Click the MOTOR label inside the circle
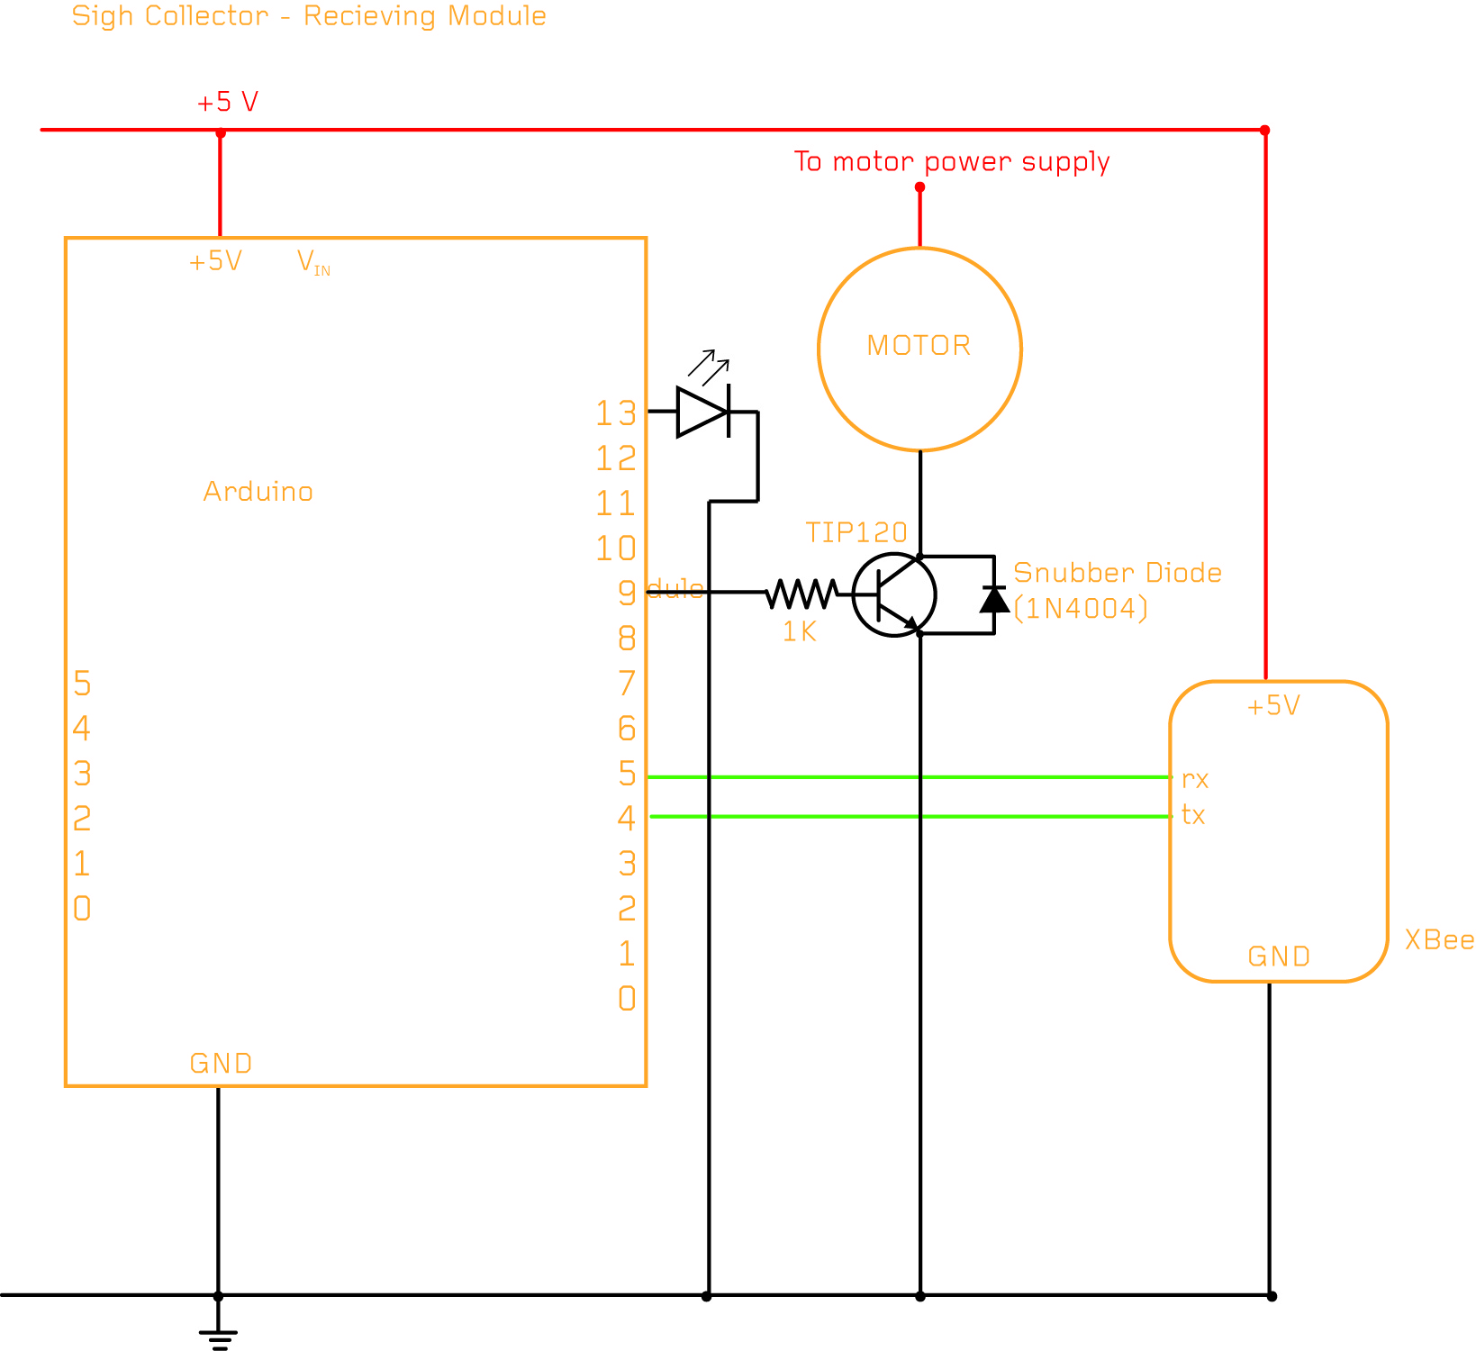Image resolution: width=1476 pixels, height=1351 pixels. click(x=919, y=346)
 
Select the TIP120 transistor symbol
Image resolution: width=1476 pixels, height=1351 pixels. click(x=893, y=594)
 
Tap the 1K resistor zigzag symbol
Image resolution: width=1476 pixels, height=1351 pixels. click(x=801, y=594)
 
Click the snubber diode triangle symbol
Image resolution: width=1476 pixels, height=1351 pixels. click(x=994, y=599)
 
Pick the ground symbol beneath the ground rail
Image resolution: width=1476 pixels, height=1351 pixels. click(x=218, y=1337)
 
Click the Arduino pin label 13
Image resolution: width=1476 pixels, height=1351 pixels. click(x=616, y=413)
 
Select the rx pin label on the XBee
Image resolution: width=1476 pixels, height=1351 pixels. click(x=1195, y=779)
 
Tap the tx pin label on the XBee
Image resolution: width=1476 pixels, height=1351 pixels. click(x=1193, y=815)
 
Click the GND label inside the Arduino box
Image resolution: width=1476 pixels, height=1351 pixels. click(x=221, y=1064)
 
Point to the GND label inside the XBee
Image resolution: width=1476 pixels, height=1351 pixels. click(x=1279, y=957)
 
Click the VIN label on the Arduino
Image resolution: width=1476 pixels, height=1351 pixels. click(x=313, y=262)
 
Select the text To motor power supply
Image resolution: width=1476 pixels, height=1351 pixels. click(x=952, y=162)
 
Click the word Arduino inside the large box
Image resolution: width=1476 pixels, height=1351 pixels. click(x=258, y=492)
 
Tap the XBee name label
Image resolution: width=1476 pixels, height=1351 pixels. click(x=1439, y=940)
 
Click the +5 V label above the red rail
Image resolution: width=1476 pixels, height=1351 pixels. click(x=228, y=102)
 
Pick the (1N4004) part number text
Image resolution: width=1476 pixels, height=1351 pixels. click(x=1081, y=609)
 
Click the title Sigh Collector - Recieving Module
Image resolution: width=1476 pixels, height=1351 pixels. click(x=309, y=16)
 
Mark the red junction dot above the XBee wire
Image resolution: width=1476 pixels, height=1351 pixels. click(x=1265, y=131)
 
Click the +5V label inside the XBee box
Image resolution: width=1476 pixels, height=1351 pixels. click(x=1273, y=706)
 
